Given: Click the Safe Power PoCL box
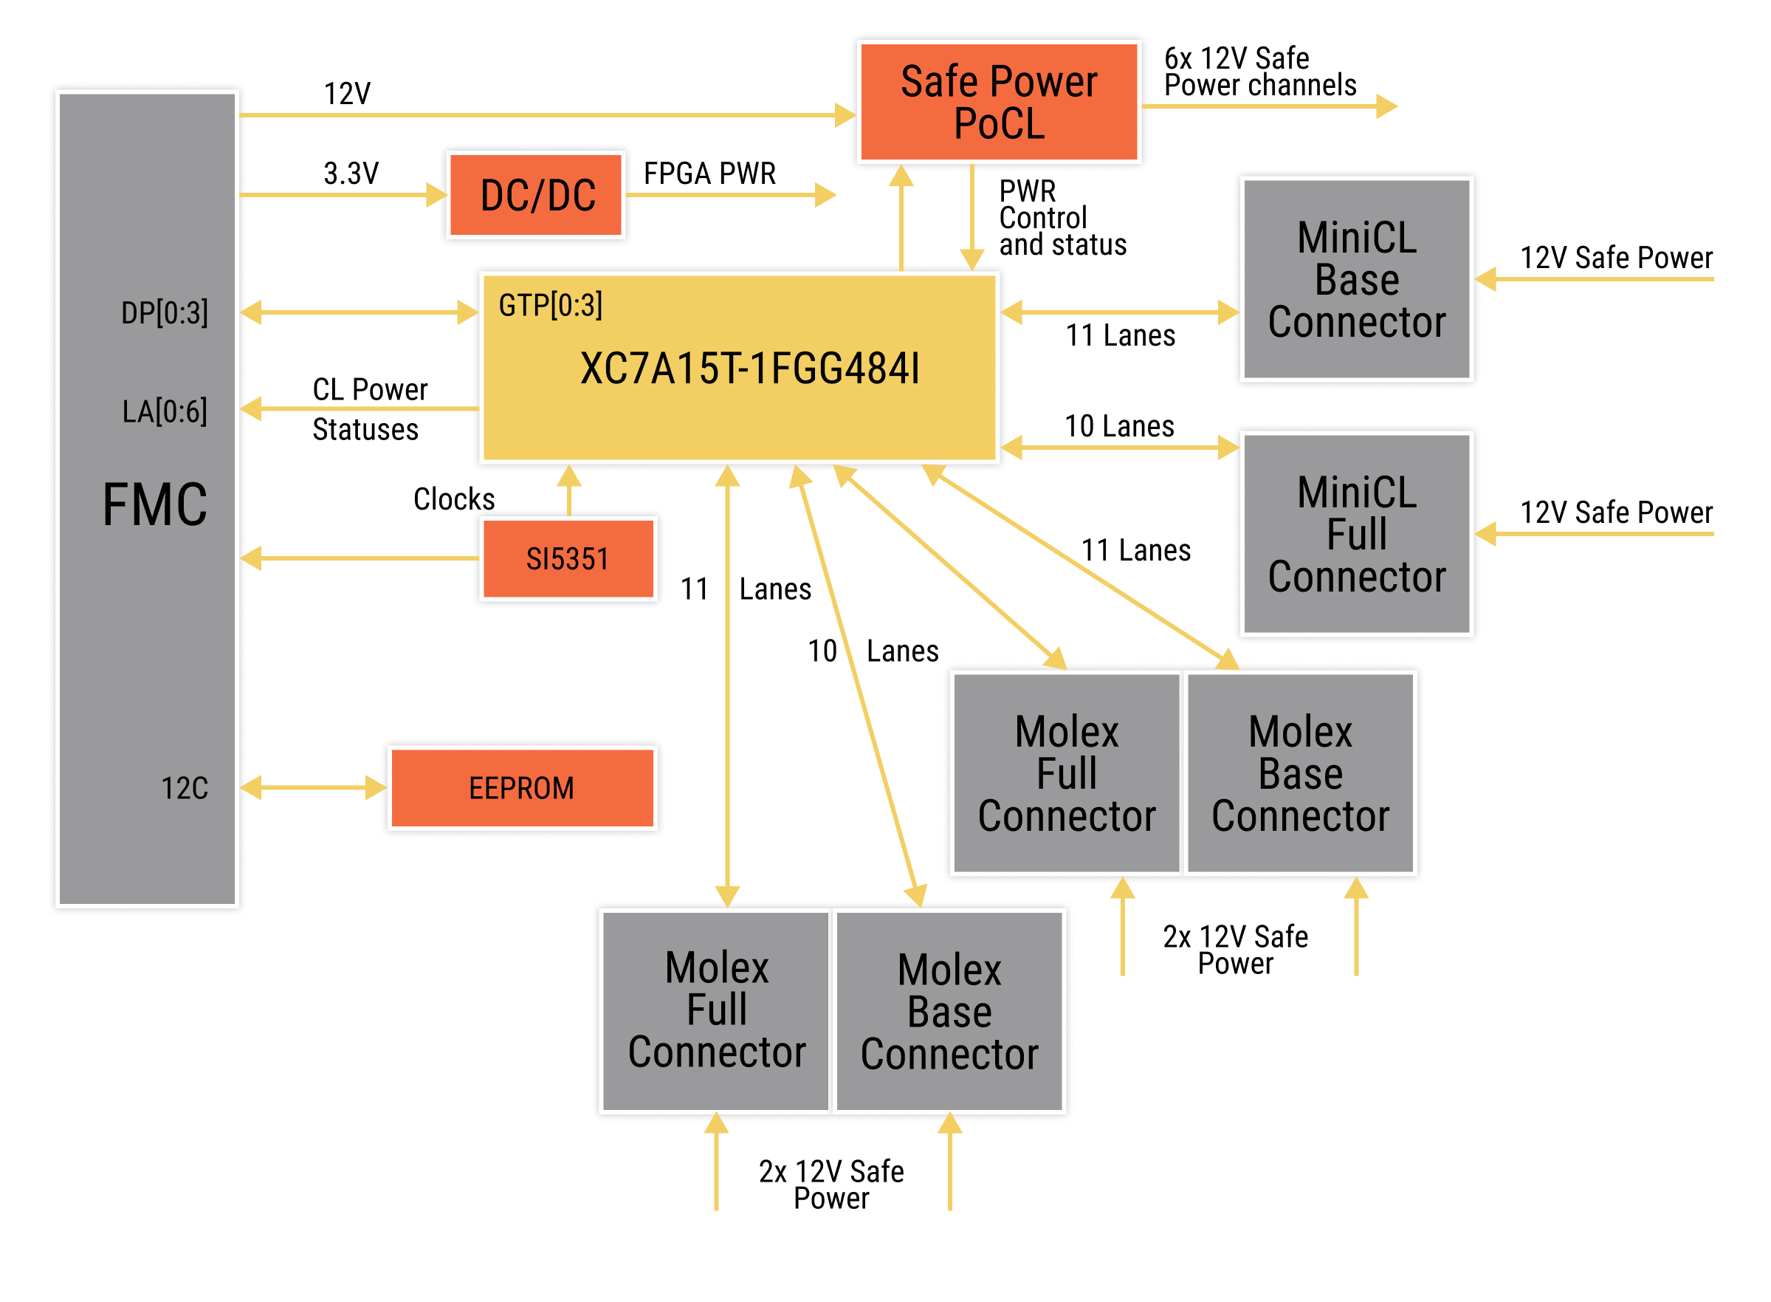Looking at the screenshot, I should [998, 102].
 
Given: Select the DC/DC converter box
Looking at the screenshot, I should [537, 195].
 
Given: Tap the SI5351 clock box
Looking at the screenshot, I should [567, 559].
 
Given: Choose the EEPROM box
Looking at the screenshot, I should [521, 787].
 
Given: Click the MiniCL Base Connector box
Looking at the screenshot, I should [1356, 279].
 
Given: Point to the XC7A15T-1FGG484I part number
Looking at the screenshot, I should [749, 368].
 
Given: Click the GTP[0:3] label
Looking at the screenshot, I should [550, 305].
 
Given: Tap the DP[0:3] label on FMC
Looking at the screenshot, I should [165, 313].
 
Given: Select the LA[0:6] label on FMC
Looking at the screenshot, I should [165, 411].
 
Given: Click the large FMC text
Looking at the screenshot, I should [154, 505].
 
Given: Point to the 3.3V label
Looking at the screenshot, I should [351, 174].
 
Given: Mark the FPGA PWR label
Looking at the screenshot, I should [709, 174].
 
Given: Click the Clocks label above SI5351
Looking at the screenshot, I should [454, 499].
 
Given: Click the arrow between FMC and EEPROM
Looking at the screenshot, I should [313, 787].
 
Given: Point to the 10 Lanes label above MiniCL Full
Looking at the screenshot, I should [1118, 426].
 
